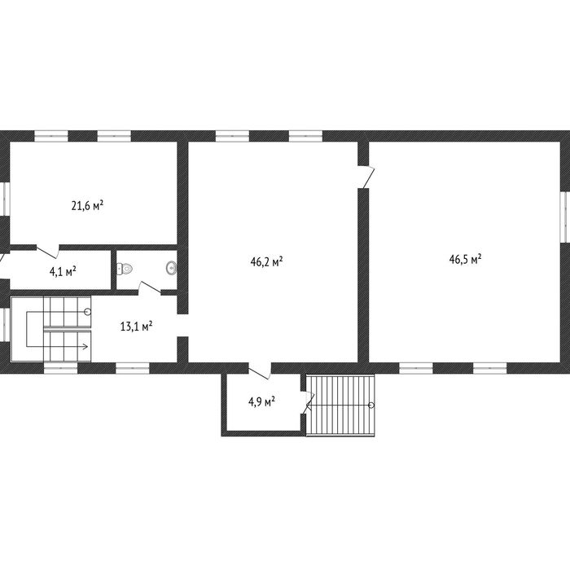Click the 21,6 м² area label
coord(87,206)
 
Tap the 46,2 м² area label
coord(267,261)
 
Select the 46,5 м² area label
coord(465,259)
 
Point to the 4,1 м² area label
coord(63,271)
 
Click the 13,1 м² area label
coord(136,326)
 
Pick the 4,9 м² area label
coord(261,402)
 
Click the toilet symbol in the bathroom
coord(125,269)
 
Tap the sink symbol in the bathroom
coord(172,268)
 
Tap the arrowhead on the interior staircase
coord(85,346)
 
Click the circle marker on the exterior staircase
coord(371,406)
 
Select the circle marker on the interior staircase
coord(87,312)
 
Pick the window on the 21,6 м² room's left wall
coord(5,199)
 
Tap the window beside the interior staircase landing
coord(5,325)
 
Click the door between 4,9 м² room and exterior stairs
coord(306,402)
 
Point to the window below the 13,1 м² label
coord(132,368)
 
